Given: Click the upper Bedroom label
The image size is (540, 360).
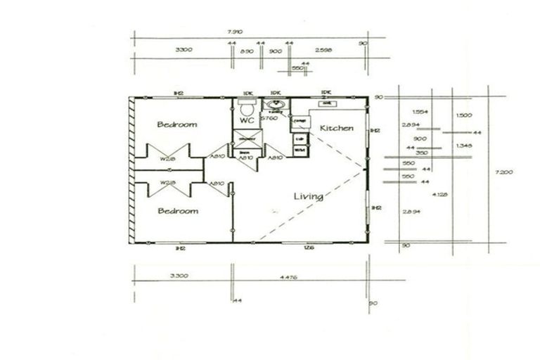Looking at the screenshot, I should [177, 124].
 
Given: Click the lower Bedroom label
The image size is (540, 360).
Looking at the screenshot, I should [177, 211].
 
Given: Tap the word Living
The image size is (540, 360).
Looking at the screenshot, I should [308, 197].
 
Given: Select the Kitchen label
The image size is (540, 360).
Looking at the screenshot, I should [337, 128].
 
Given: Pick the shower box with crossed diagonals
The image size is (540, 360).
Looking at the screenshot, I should [247, 139].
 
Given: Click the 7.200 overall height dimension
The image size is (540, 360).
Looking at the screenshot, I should [501, 172].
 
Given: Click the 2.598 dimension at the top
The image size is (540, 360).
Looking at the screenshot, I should [324, 51].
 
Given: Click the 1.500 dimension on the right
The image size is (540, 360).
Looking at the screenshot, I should [463, 115].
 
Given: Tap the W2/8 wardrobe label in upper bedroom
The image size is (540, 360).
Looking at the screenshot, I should [167, 159].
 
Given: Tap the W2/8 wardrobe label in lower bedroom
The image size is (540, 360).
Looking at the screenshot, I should [167, 183].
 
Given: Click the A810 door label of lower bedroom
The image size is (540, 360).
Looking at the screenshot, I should [217, 184].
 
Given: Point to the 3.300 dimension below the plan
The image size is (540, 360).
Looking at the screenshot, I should [179, 276].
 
